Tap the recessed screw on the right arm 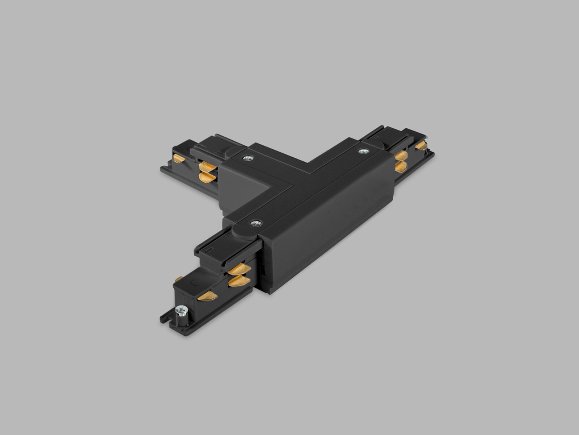pos(363,151)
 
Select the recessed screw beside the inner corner pos(248,158)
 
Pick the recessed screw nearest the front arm pos(256,223)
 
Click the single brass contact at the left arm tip pos(179,158)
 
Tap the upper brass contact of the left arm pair pos(207,167)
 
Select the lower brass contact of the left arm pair pos(207,177)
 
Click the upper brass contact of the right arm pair pos(401,156)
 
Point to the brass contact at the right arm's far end pos(421,145)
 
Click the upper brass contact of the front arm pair pos(239,269)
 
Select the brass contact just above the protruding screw pos(207,295)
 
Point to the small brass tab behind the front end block pos(179,279)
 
